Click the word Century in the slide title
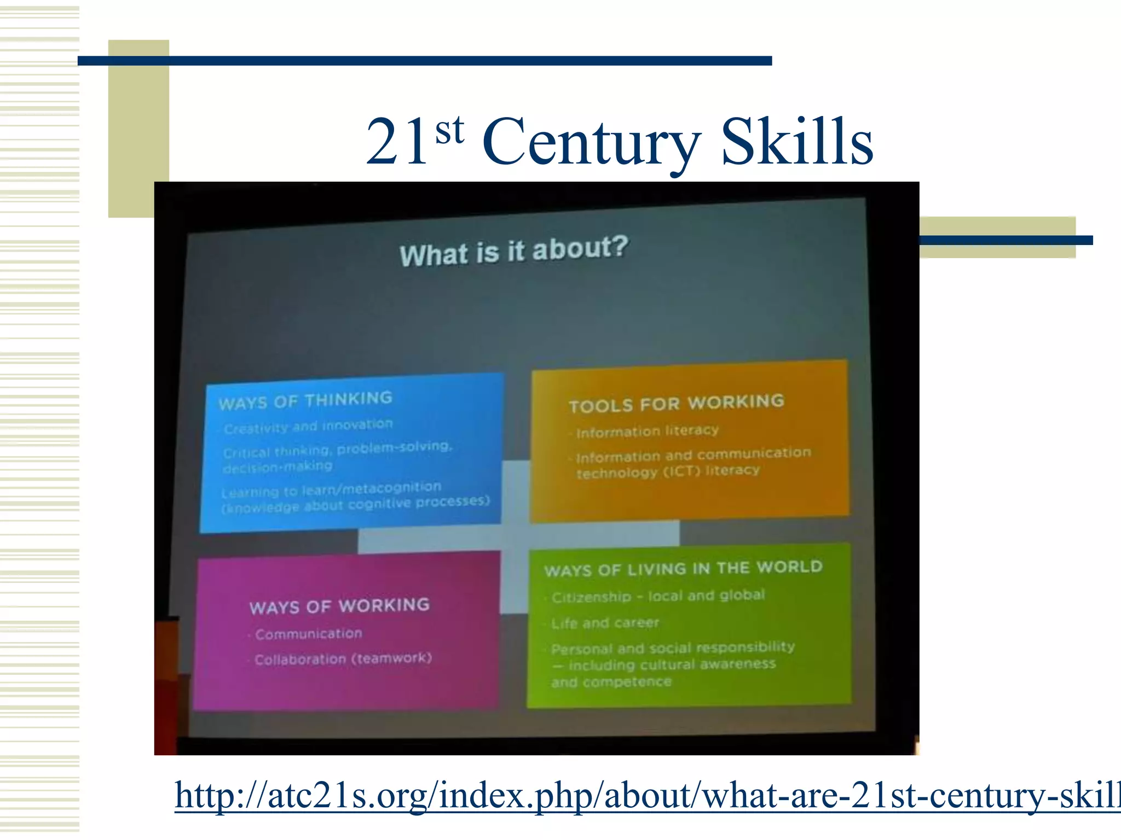pos(591,143)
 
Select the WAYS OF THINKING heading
pos(305,400)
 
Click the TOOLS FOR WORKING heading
pos(677,404)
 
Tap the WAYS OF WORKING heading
pos(339,606)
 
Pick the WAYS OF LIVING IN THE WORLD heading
pos(683,569)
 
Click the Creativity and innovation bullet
pos(308,426)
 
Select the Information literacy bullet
pos(647,431)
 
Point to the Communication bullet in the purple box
pos(309,634)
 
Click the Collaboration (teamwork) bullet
pos(343,658)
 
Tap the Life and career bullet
pos(605,623)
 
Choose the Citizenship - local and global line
pos(658,596)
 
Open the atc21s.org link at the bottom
pos(646,796)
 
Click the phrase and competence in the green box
pos(611,682)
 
